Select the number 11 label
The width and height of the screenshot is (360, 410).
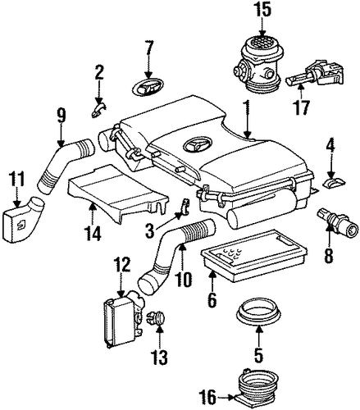click(17, 179)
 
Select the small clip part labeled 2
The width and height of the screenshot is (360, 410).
click(98, 109)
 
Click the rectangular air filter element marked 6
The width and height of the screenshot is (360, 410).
click(254, 256)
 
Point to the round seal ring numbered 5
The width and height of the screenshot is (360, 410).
click(258, 311)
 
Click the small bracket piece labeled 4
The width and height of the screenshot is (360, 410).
click(334, 182)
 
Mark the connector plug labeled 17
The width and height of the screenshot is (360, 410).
click(314, 74)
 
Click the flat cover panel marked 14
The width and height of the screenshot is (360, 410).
click(117, 194)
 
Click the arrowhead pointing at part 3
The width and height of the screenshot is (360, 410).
click(179, 216)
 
